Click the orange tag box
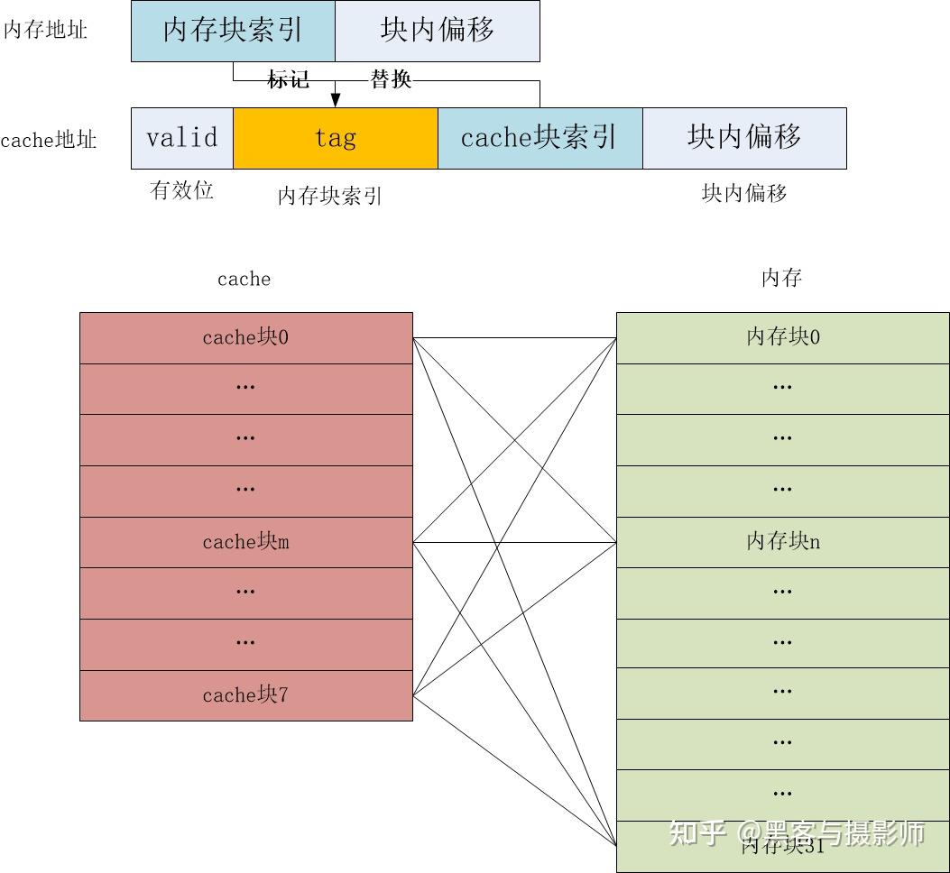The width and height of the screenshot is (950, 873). pos(336,138)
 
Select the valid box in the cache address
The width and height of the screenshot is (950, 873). pos(182,138)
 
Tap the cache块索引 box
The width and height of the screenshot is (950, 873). pos(540,138)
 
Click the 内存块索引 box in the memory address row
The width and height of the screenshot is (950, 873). pos(233,31)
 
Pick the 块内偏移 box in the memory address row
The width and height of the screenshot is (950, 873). pos(438,31)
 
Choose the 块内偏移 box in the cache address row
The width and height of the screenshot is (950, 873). pos(744,138)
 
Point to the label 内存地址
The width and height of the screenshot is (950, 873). pos(45,31)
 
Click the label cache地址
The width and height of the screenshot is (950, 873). pos(49,141)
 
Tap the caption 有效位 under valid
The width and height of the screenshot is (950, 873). pos(181,190)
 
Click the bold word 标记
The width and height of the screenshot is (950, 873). pos(289,79)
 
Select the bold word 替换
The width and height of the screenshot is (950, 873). pos(391,79)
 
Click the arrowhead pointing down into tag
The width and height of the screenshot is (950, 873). pos(336,100)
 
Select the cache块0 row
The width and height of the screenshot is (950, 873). pos(245,338)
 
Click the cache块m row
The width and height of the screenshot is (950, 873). pos(245,542)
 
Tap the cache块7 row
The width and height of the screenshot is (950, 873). pos(245,695)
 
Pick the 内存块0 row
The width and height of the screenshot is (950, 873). pos(782,338)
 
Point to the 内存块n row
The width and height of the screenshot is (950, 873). pos(782,542)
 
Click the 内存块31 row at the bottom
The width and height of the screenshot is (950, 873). pos(782,847)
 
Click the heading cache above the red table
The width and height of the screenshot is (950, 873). pos(244,279)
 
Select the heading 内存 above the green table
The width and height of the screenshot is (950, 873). pos(781,278)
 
